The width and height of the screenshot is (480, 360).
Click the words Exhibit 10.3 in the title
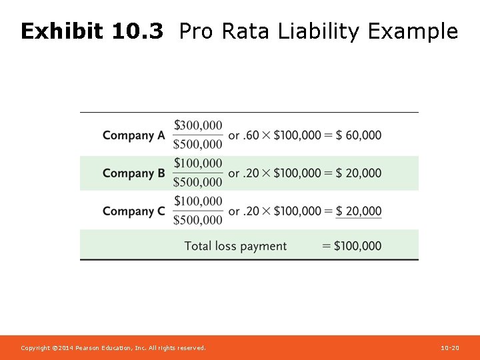[91, 31]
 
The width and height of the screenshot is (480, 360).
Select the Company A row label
[133, 135]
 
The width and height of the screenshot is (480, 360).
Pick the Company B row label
[133, 173]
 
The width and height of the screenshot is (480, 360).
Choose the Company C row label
[133, 211]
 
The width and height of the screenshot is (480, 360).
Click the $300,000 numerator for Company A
[198, 125]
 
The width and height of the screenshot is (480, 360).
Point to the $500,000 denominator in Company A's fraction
[198, 144]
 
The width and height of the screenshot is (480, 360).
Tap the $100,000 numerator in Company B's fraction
[198, 163]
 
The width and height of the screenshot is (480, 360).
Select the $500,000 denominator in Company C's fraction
[198, 220]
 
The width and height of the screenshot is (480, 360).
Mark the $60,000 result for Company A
[359, 135]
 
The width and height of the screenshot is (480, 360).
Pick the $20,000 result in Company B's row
[359, 173]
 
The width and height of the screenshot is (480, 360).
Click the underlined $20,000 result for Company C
[359, 211]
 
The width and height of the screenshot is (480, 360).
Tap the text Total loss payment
[235, 246]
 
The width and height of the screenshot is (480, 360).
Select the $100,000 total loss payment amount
[357, 246]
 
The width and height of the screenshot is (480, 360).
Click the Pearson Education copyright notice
[113, 348]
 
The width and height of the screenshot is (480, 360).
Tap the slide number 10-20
[450, 348]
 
